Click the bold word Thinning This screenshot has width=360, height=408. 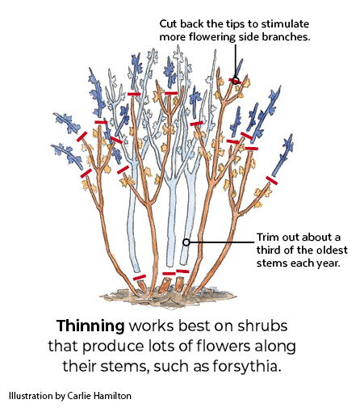(x=90, y=326)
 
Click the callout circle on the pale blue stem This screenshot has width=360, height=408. (x=186, y=242)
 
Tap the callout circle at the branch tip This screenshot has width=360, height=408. (x=235, y=80)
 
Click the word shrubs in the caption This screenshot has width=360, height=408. (x=262, y=326)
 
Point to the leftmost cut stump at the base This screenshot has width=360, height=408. (x=142, y=287)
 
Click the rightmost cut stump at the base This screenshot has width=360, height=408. (x=179, y=284)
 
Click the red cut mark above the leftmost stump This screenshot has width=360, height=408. (x=140, y=277)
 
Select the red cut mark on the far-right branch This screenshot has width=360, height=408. (x=271, y=180)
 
